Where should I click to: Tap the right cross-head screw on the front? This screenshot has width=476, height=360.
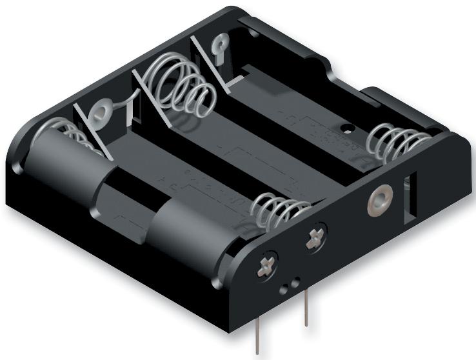pyautogui.click(x=317, y=239)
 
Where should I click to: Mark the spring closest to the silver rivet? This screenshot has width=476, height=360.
pyautogui.click(x=395, y=144)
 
